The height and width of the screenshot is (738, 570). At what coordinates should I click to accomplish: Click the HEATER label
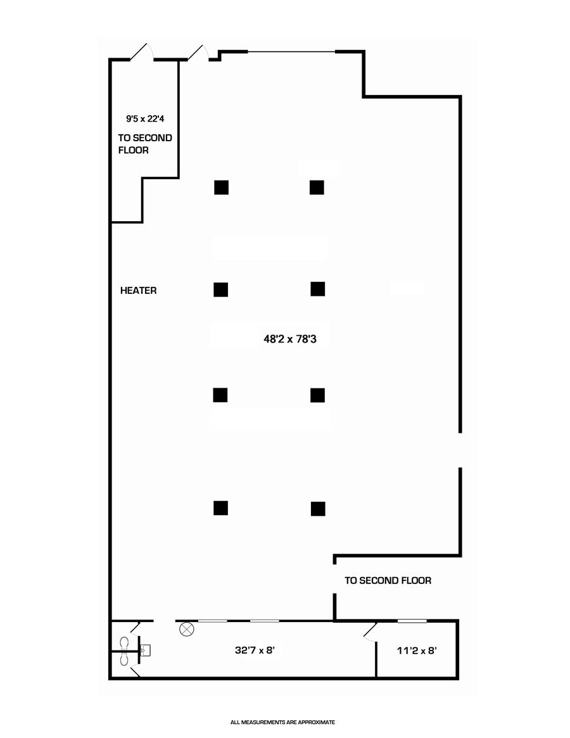click(138, 291)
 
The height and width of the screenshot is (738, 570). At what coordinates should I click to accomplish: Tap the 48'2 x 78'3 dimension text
click(289, 339)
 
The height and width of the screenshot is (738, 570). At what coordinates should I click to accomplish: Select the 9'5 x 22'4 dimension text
click(145, 118)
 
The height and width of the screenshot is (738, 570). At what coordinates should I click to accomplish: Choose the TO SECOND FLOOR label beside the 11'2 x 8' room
click(388, 580)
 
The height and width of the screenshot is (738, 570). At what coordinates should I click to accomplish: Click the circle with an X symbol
click(186, 630)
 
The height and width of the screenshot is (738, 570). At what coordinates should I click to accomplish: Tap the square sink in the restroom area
click(145, 650)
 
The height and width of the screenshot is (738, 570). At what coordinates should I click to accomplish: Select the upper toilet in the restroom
click(124, 642)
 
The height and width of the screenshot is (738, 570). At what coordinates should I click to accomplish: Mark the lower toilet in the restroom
click(124, 659)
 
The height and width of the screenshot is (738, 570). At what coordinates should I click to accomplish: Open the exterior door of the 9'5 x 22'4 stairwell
click(142, 52)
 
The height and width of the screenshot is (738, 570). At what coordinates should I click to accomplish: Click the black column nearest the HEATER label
click(220, 289)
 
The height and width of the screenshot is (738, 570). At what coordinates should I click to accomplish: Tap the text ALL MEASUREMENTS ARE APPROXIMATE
click(282, 722)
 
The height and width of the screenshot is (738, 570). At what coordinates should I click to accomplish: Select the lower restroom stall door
click(135, 673)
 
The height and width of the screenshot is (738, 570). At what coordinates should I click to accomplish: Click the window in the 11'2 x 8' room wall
click(412, 621)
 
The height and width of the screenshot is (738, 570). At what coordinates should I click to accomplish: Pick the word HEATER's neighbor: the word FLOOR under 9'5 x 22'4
click(134, 151)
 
